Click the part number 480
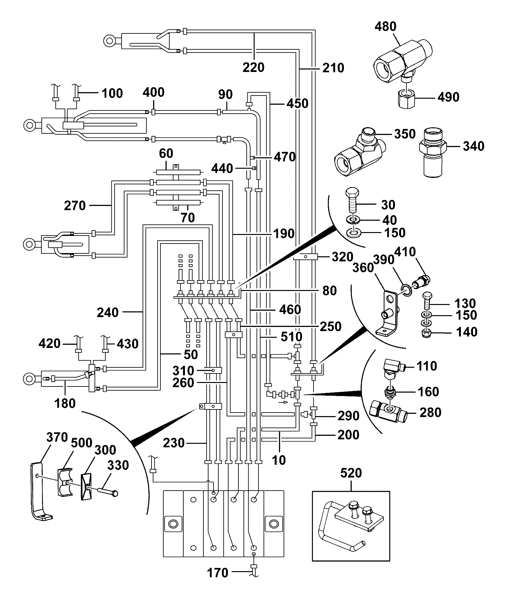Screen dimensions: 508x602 tap(385, 26)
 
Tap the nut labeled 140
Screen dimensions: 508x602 tap(427, 333)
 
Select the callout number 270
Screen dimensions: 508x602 tap(75, 206)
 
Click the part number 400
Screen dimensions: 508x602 tap(153, 92)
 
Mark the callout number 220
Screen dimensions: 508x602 tap(253, 67)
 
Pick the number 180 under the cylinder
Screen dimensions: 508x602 tap(65, 403)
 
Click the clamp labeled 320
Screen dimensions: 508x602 tap(305, 256)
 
